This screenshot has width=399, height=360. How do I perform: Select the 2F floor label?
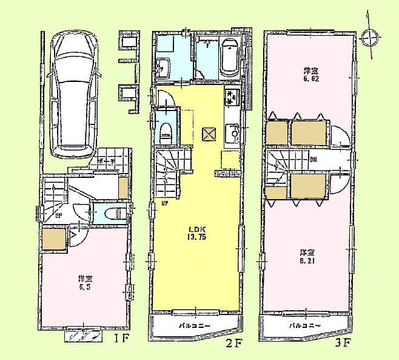pos(235,343)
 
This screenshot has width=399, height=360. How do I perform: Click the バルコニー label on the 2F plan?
pos(194,326)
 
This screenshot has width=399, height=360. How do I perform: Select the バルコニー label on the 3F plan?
pos(303,326)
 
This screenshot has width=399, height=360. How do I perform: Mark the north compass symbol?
pos(368,38)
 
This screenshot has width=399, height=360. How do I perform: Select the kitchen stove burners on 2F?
pos(231,97)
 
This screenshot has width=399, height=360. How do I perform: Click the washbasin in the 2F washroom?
pos(164,66)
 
